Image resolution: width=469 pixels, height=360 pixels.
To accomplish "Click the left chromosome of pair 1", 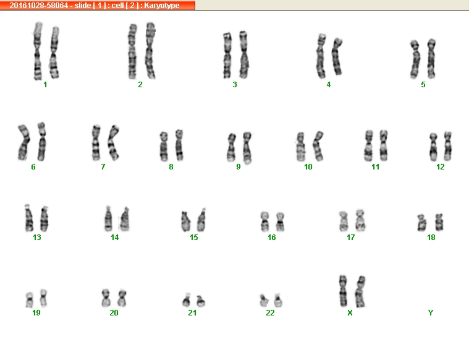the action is coord(38,51).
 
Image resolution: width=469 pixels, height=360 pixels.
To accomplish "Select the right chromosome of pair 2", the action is coord(150,50).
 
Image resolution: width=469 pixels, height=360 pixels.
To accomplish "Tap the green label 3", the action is coord(235,85).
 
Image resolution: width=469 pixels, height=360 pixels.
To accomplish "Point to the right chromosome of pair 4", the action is coord(337,56).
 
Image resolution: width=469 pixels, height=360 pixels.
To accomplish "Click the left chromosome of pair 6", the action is coord(24,142).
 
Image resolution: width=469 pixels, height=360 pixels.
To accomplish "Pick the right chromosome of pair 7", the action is coord(113,142).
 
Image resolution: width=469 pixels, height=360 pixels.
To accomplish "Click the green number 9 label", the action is coord(239,167).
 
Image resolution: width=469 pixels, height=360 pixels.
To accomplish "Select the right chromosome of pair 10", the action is coord(318,146).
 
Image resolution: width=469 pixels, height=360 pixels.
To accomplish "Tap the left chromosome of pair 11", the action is coord(369,145).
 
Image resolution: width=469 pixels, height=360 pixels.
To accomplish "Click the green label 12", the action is coord(441,167).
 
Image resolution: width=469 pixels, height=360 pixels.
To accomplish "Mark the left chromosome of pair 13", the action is coord(29,218).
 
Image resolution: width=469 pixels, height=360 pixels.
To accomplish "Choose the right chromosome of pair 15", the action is coord(201,220).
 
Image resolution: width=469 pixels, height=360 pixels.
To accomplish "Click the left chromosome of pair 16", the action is coord(264,221).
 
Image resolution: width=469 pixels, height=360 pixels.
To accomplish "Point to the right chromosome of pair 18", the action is coord(439,222).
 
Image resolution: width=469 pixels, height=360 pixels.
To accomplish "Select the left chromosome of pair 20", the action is coord(106,298).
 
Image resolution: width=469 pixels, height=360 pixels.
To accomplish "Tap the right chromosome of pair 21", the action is coord(201,301).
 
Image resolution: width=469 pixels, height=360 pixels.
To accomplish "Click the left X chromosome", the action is coord(344,291).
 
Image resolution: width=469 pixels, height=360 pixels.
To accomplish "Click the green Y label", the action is coord(431,313).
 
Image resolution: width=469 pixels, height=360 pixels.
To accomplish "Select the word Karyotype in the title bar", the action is coord(162,6).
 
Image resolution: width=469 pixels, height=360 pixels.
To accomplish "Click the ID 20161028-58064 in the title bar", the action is coord(38,6).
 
